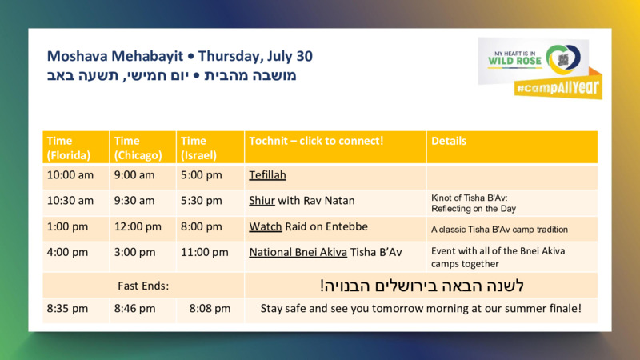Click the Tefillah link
pos(267,175)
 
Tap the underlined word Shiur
pos(262,201)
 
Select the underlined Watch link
pos(266,226)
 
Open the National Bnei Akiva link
pos(298,252)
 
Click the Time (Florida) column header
pos(69,148)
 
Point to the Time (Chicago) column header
pos(138,148)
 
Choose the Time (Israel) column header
pos(198,148)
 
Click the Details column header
pos(449,141)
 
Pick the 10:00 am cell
pos(70,175)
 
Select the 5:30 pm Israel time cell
pos(202,201)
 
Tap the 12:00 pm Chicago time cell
pos(138,226)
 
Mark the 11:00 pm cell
pos(205,252)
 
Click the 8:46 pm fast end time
pos(134,309)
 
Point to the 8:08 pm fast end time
pos(210,309)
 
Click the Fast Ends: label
pos(143,286)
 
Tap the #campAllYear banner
pos(558,87)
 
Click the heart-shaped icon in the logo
pos(563,59)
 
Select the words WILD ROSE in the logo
pos(514,62)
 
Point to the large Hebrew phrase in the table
pos(422,286)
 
